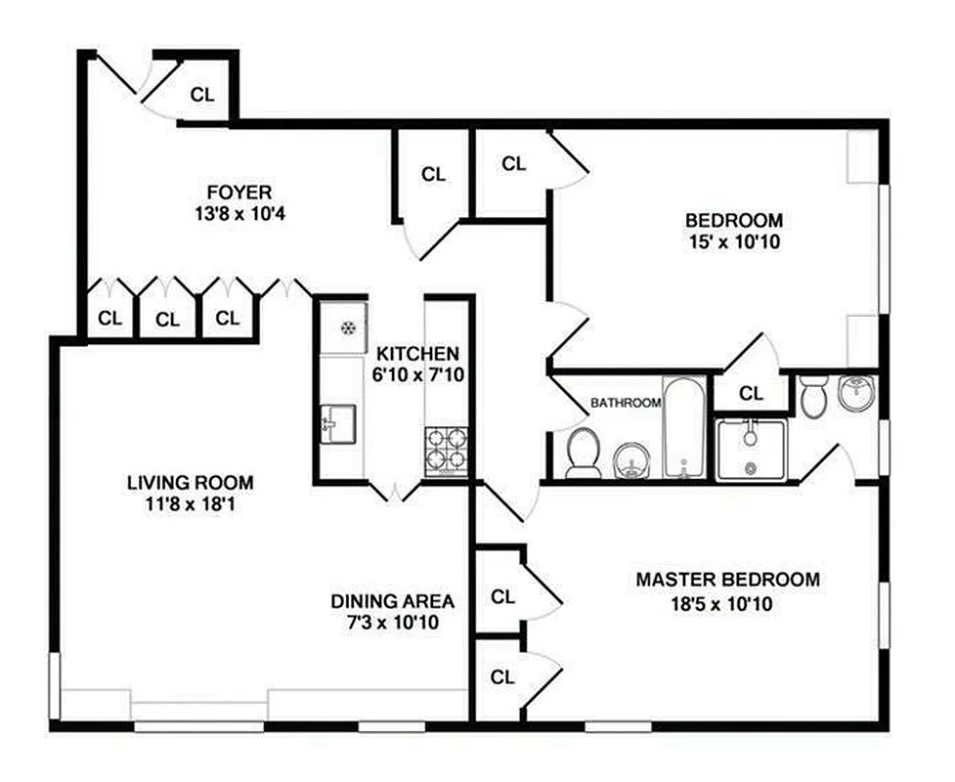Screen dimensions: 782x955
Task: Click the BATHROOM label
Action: (626, 403)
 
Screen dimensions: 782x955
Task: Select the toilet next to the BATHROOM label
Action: (584, 454)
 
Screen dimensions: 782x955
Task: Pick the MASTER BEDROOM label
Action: (727, 580)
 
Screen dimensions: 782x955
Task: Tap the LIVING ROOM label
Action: (190, 482)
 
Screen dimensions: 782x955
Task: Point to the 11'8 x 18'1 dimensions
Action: (190, 506)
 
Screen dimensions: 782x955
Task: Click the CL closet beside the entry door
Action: (202, 95)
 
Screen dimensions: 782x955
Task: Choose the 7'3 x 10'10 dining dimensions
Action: (383, 623)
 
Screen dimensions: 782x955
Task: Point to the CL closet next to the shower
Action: (751, 394)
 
